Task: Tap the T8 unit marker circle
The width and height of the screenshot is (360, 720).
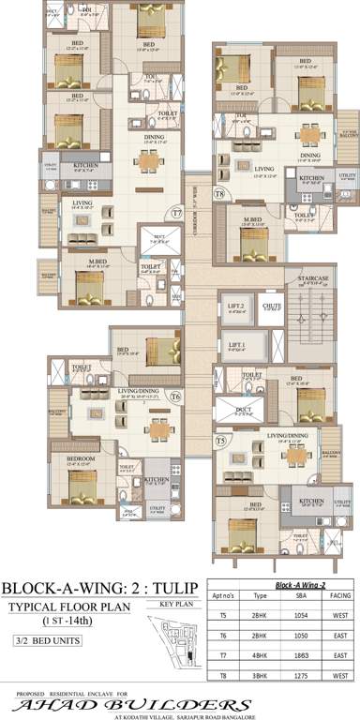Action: pos(218,194)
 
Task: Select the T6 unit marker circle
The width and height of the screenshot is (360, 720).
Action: pos(175,397)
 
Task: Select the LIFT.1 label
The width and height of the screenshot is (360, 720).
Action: pos(236,345)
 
